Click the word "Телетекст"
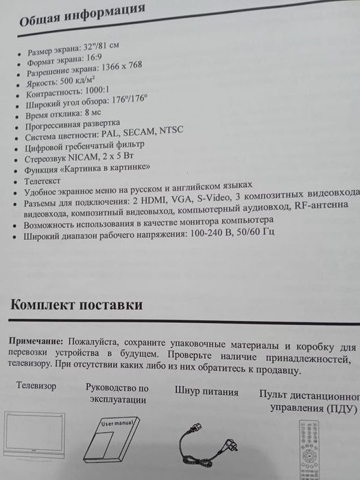point(43,180)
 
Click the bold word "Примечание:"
point(36,341)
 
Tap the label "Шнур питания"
point(206,392)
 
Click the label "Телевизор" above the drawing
point(36,386)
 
